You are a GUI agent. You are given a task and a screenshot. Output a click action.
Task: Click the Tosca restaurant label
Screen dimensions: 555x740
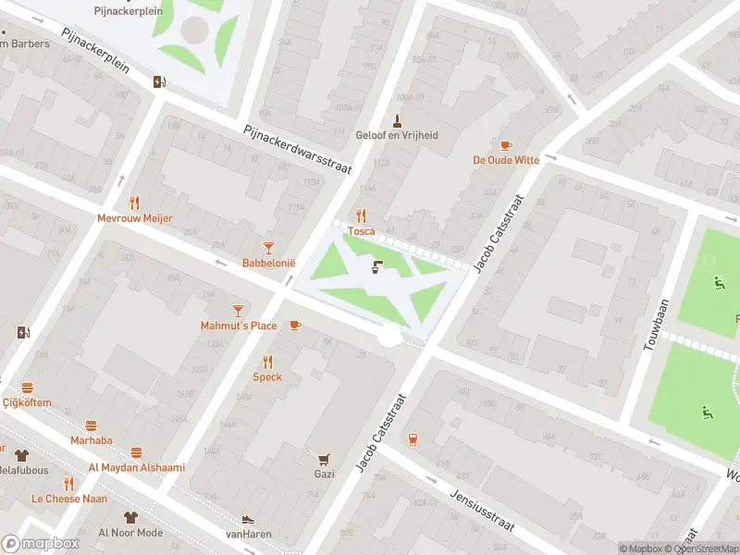[x=362, y=231]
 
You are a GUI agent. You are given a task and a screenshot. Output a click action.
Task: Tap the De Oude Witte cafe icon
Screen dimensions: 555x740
[x=505, y=145]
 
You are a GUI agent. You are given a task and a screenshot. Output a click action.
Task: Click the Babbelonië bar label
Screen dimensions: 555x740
[x=268, y=264]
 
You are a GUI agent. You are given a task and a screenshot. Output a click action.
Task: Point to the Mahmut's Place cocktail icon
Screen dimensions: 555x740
[x=239, y=310]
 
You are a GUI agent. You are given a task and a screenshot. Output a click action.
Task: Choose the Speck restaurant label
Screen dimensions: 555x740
[x=267, y=377]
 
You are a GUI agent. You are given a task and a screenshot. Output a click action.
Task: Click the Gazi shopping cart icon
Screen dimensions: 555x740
[x=324, y=459]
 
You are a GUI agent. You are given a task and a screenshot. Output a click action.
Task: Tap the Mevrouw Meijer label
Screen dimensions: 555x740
[x=135, y=218]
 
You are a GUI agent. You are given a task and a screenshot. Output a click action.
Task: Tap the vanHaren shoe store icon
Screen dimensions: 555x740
[x=247, y=521]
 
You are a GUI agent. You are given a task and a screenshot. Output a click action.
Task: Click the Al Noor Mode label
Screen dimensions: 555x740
[x=130, y=533]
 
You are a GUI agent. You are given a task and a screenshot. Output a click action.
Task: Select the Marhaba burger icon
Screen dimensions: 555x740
[x=91, y=426]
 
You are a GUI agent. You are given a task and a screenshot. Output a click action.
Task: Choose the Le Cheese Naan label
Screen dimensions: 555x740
[x=68, y=499]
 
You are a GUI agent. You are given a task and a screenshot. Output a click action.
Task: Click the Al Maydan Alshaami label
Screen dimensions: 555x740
[x=136, y=467]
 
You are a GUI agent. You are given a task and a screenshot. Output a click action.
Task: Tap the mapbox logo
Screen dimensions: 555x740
[x=39, y=544]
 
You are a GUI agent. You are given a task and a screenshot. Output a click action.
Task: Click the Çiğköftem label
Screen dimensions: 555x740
[x=27, y=403]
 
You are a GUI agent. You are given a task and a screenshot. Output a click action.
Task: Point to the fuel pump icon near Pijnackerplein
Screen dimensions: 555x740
[x=159, y=80]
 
